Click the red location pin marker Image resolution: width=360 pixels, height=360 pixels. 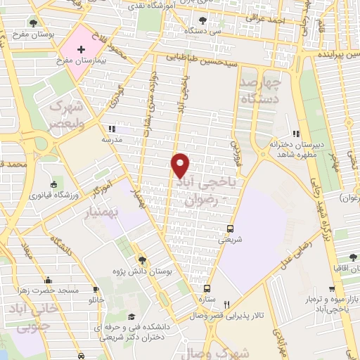click(x=181, y=165)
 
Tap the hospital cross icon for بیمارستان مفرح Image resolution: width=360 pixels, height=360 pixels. click(x=81, y=49)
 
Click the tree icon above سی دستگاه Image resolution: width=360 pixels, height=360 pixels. click(x=204, y=20)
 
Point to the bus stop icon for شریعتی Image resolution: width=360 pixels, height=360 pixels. click(x=231, y=229)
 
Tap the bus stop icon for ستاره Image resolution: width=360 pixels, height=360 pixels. click(x=207, y=288)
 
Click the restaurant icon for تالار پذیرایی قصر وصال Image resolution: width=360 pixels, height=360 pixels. click(x=226, y=304)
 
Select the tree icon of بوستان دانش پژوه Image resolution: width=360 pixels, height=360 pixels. click(x=142, y=259)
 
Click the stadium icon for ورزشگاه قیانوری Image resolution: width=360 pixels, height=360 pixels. click(x=54, y=184)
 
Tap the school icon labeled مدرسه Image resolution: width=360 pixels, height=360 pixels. click(x=111, y=129)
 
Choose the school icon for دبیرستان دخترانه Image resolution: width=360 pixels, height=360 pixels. click(x=297, y=134)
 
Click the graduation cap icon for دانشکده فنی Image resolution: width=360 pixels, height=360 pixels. click(x=130, y=316)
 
